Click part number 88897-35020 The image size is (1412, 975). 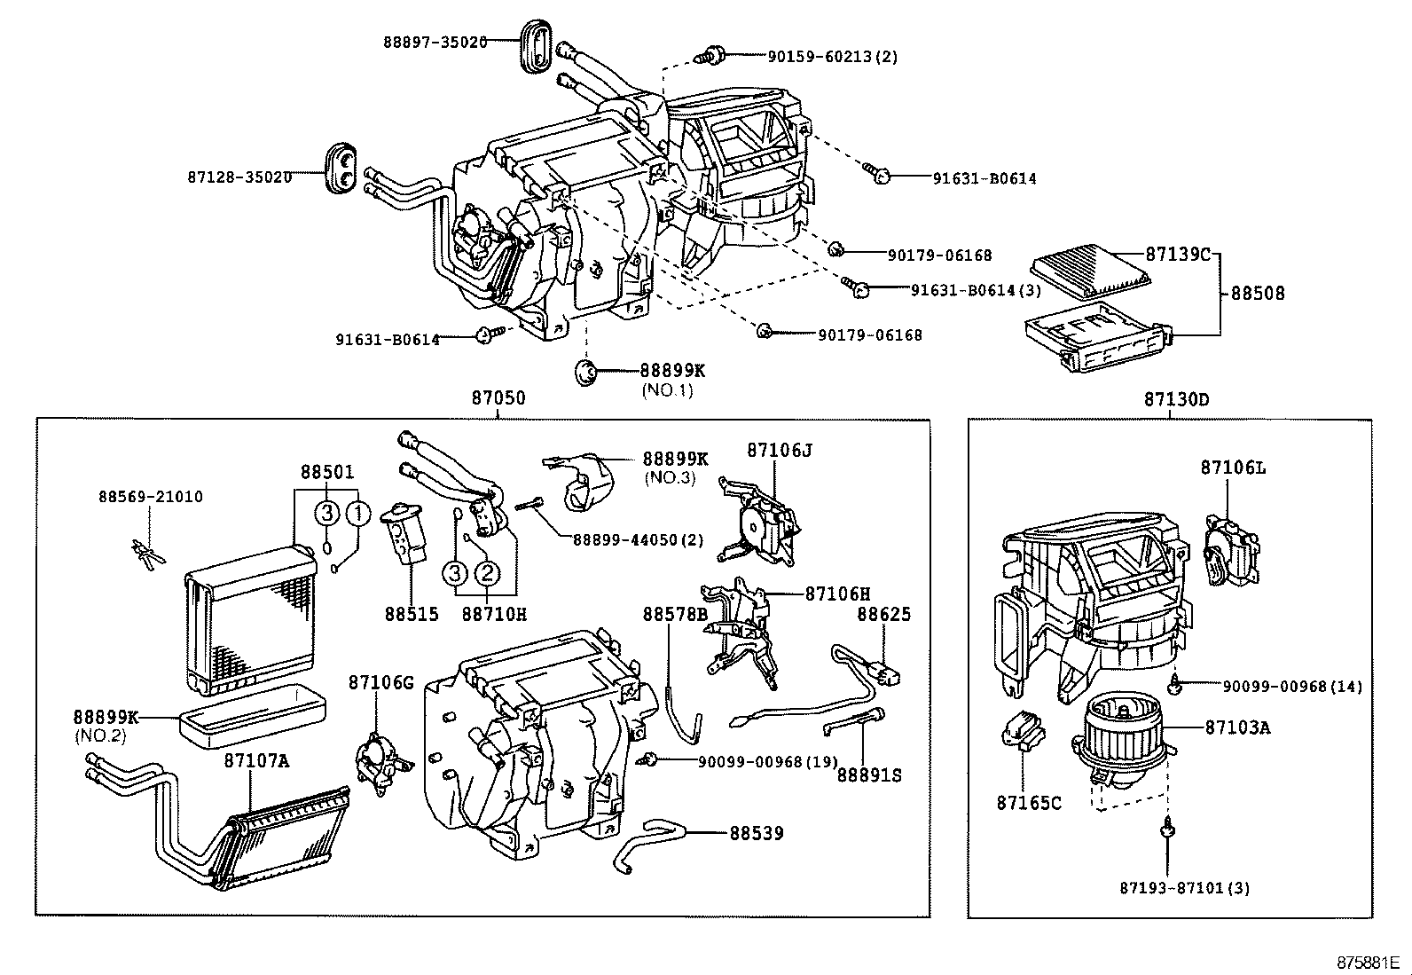435,41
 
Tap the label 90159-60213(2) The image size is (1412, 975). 832,57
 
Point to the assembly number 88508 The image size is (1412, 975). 1257,293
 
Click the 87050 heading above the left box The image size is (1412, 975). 498,398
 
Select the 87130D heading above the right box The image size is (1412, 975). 1176,399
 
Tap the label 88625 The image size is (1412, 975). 883,614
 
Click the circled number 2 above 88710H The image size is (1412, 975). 487,574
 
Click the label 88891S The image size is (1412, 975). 869,774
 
